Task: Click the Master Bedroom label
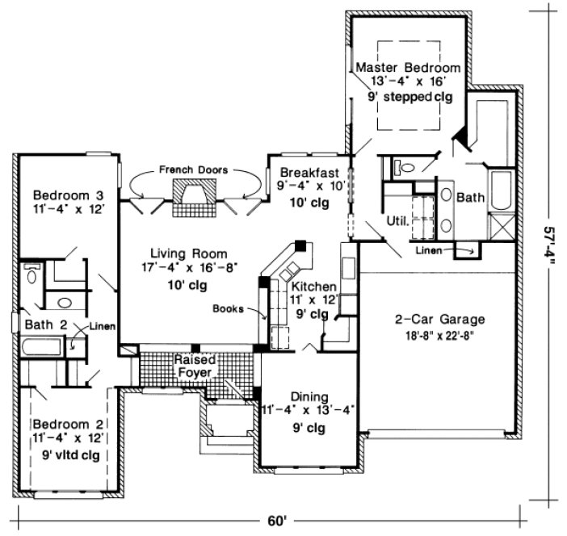409,67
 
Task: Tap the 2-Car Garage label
434,317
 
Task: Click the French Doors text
192,170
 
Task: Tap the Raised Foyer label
194,365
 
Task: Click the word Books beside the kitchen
229,308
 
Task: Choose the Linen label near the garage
430,249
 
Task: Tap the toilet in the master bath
403,169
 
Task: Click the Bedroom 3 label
68,195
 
